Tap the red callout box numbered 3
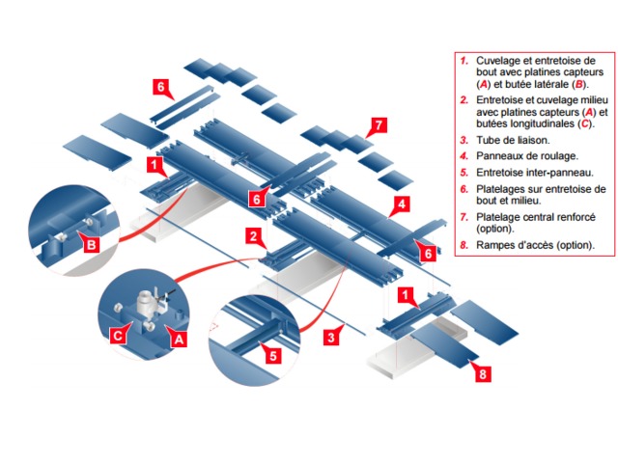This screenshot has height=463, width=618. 331,337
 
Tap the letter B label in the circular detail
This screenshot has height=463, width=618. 91,246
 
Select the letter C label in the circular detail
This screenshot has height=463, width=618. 117,336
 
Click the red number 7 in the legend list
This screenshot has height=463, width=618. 463,217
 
